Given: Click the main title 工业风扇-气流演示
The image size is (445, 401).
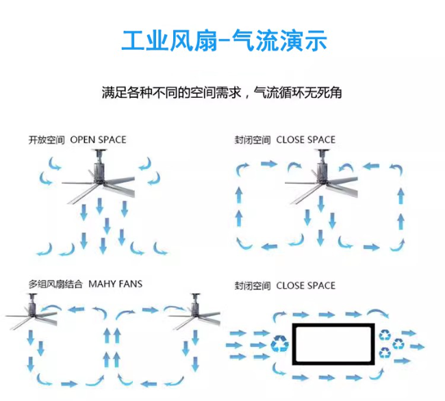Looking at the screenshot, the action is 224,41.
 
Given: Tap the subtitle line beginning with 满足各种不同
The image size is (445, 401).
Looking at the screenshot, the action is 222,92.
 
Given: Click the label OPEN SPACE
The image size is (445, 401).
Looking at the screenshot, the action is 98,140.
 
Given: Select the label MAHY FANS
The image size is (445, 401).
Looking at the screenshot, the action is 116,284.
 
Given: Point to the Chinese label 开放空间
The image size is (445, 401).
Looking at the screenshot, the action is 47,140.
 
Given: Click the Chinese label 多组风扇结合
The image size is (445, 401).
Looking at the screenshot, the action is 55,284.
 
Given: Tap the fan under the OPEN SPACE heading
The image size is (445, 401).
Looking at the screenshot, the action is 98,177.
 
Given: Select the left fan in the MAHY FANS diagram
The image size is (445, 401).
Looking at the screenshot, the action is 31,311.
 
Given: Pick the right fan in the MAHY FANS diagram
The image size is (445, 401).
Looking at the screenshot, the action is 194,311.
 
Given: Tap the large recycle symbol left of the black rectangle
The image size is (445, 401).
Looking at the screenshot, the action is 279,344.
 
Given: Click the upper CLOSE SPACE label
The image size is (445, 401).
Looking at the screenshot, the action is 306,140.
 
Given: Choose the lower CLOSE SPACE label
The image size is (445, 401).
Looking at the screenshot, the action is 306,285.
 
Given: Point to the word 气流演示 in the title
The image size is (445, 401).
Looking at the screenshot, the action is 279,41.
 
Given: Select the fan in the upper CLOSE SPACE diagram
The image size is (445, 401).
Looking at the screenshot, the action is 321,177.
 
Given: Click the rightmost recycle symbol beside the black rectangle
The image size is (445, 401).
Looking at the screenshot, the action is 398,344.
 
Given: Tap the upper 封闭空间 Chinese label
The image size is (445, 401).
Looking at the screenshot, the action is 253,140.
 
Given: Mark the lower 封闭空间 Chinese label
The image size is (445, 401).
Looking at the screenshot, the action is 253,285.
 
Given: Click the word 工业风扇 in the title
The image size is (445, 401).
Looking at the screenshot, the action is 169,41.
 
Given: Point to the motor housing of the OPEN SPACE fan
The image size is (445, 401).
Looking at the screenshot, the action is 98,172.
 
